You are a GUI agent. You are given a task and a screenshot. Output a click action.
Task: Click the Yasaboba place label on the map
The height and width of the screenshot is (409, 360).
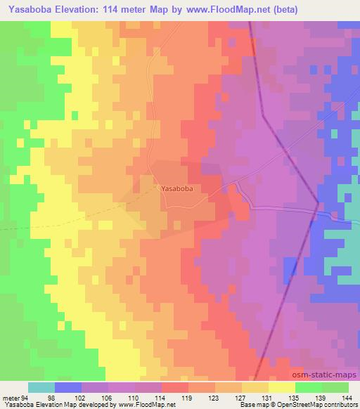pos(177,188)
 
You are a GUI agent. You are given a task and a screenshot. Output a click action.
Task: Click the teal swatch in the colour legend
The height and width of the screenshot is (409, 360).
pos(41,387)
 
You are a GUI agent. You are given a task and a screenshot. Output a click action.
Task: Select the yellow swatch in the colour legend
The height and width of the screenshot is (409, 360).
pos(281,387)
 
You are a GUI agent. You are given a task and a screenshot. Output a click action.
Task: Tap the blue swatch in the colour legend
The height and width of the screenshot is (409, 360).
pos(68,387)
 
